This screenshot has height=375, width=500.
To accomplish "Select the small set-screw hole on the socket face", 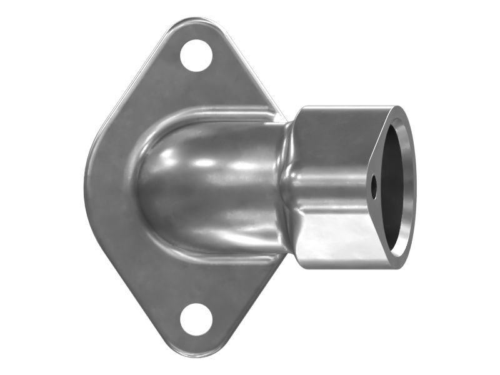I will (x=374, y=185).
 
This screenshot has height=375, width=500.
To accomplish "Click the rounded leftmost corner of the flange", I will (x=87, y=187).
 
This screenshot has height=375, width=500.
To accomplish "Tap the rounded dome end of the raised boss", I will (x=150, y=181).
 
